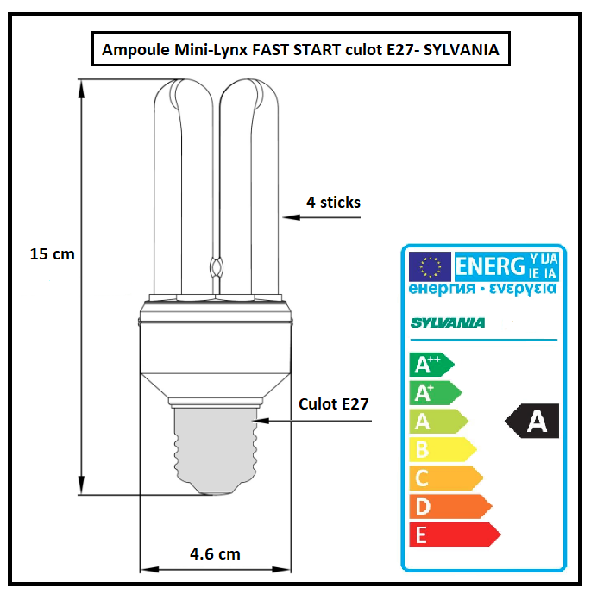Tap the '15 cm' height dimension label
point(52,254)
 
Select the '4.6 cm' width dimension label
point(215,553)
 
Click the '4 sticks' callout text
point(333,203)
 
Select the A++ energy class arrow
point(432,365)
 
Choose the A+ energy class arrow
point(435,393)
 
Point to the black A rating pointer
point(532,422)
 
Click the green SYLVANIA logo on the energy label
point(448,323)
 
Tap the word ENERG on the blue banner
point(489,265)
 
